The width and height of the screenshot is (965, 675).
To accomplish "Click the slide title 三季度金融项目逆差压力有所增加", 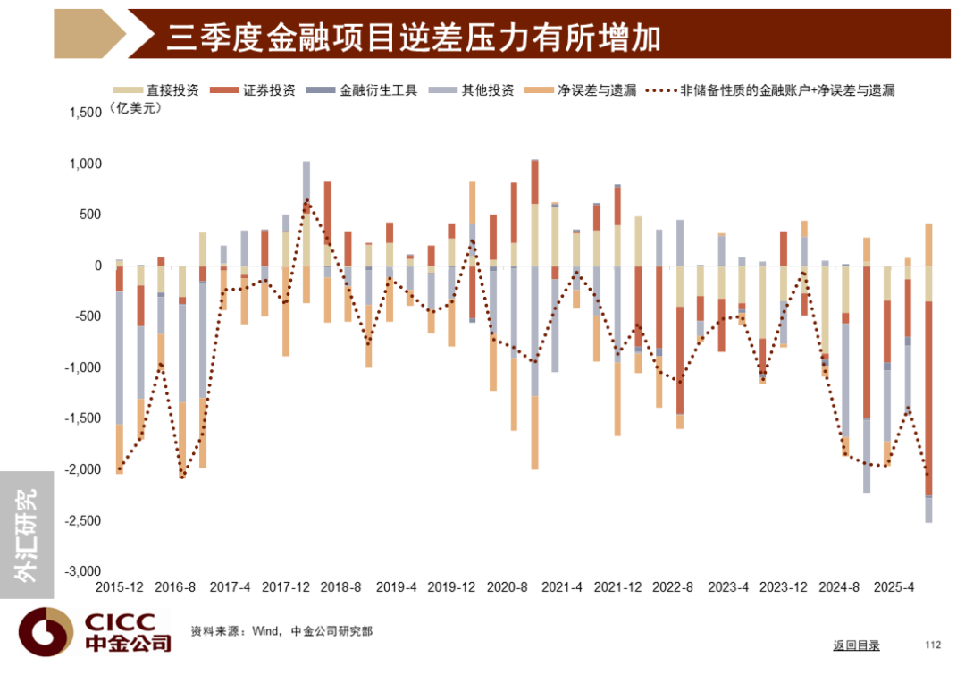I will coord(413,37).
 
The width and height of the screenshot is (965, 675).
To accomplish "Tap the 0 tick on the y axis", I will coord(99,266).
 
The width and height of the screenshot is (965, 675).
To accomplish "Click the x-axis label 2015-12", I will coord(120,588).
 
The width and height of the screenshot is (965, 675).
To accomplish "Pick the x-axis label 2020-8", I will coord(508,588).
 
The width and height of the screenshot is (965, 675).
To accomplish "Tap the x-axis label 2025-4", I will coord(894,588).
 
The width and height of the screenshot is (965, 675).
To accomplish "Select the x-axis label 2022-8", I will coord(674,588).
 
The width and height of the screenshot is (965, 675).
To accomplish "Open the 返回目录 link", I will coord(856,645).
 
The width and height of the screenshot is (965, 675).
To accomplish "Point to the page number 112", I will coord(933,645).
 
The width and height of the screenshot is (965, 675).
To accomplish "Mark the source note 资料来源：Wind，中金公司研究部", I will coord(281,631).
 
